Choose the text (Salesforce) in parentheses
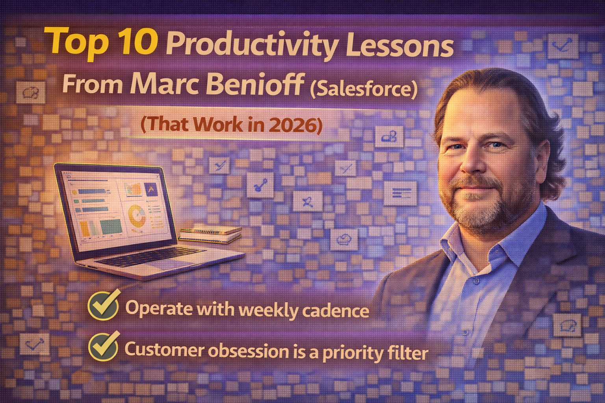(363, 89)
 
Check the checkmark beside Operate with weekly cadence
(104, 305)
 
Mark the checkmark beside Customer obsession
(104, 346)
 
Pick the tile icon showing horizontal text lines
(401, 193)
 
